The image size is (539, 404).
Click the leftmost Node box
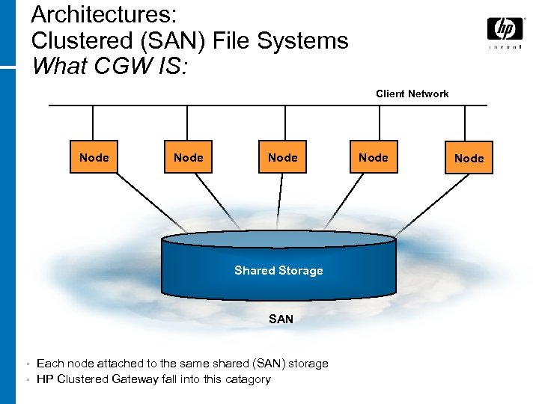pyautogui.click(x=94, y=158)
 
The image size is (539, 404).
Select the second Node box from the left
pyautogui.click(x=188, y=158)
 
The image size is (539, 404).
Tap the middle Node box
pyautogui.click(x=282, y=158)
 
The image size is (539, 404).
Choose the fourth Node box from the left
pyautogui.click(x=373, y=158)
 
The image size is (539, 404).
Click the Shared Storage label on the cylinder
pyautogui.click(x=278, y=271)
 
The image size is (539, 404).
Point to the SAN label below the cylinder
pyautogui.click(x=281, y=319)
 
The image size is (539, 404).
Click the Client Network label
pyautogui.click(x=412, y=94)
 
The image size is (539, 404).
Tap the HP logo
pyautogui.click(x=505, y=29)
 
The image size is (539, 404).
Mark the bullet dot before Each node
pyautogui.click(x=27, y=364)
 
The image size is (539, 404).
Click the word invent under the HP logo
pyautogui.click(x=505, y=47)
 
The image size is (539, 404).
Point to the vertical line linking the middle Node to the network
pyautogui.click(x=282, y=123)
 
